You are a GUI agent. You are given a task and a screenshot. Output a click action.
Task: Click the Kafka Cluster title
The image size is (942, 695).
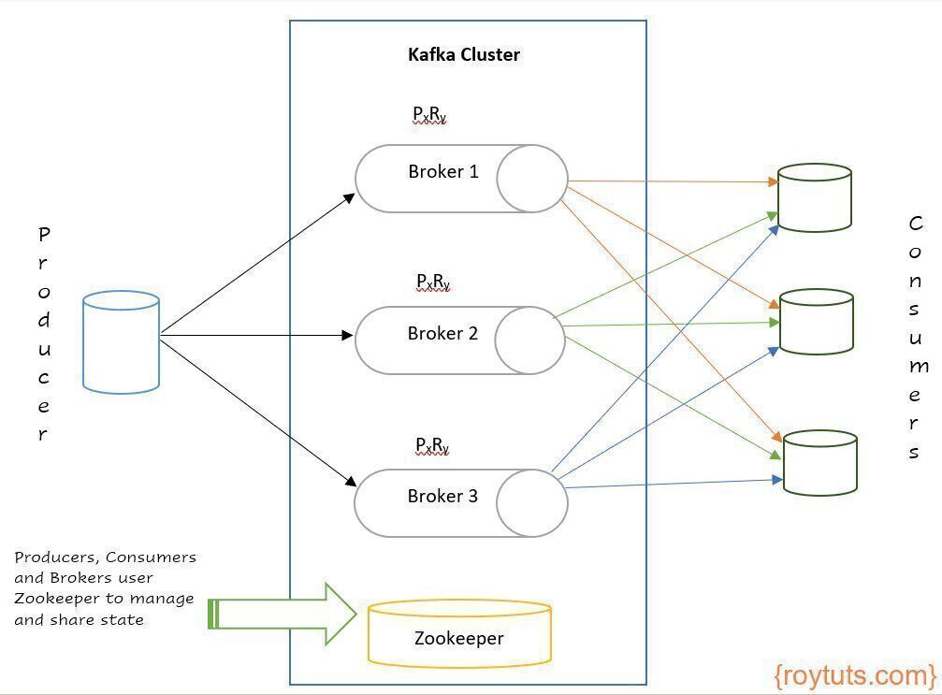pos(464,54)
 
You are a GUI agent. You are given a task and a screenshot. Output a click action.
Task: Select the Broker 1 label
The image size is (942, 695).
pos(443,172)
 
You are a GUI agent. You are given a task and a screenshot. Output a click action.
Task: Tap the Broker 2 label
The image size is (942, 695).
pos(442,333)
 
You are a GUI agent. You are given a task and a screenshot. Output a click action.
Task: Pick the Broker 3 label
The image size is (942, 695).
pos(442,496)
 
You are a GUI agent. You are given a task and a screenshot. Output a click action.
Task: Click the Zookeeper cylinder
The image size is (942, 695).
pos(459,633)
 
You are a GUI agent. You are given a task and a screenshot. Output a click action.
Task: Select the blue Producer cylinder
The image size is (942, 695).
pos(121,342)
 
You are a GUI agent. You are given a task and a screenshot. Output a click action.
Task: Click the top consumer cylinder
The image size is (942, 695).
pos(815,197)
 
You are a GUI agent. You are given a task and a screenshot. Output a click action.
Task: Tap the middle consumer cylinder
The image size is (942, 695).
pos(817,322)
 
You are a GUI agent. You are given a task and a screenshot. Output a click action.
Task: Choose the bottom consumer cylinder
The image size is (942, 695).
pos(820,462)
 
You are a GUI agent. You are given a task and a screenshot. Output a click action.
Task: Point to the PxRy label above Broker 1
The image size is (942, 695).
pos(429,114)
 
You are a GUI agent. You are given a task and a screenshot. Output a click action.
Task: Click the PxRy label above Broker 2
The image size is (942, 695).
pos(433,282)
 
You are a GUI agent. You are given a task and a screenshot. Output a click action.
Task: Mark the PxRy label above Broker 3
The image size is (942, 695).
pos(432,445)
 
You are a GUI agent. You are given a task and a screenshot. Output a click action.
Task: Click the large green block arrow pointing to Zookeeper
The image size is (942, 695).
pos(283,614)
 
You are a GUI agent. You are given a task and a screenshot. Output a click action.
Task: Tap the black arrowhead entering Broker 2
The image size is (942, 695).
pos(347,335)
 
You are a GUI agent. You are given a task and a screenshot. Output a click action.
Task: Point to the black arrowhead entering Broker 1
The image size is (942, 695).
pos(349,198)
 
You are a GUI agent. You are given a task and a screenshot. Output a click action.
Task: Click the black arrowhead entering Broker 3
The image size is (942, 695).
pos(351,480)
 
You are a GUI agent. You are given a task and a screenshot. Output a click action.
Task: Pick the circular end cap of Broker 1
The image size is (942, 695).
pos(532,179)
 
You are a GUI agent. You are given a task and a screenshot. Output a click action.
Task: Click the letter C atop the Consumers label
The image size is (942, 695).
pos(916,224)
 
